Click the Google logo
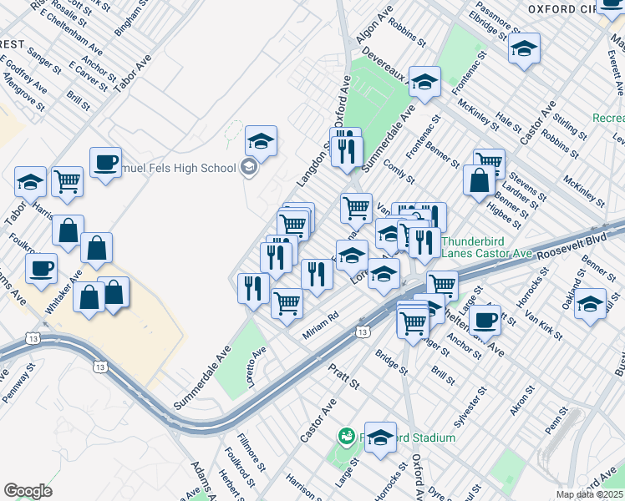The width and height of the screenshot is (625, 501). pos(28,491)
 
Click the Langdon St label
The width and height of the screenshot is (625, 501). pos(309,163)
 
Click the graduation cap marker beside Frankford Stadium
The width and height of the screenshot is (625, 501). pos(380,437)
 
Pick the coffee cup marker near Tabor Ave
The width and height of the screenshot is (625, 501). pos(105,163)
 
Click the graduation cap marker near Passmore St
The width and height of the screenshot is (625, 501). pos(524,48)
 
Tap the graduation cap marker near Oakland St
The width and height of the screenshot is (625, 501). pos(590,304)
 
